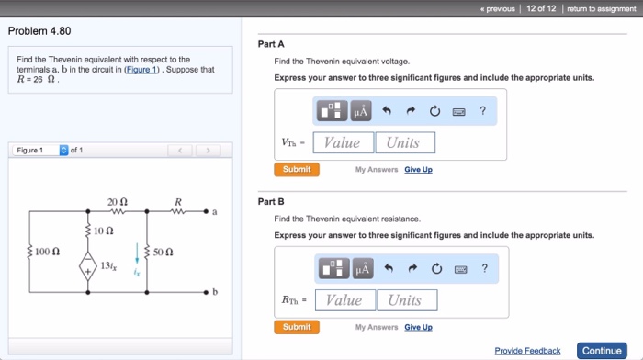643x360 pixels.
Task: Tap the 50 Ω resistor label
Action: pos(163,250)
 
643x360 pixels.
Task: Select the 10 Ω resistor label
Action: pos(104,230)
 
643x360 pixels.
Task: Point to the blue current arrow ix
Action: pos(138,253)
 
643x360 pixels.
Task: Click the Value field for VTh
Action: pos(343,142)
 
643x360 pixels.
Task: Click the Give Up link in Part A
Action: pos(418,169)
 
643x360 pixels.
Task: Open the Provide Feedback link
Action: pos(527,351)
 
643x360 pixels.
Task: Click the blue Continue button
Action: pos(602,351)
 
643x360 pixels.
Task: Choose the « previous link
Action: pos(497,8)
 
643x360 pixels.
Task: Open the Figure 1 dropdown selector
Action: pos(63,150)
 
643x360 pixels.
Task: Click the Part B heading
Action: pos(271,201)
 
